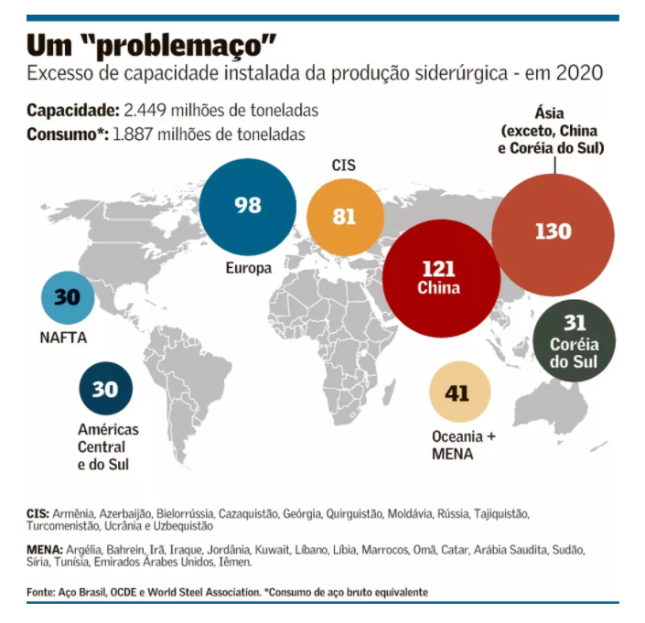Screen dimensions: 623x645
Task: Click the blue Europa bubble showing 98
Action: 248,205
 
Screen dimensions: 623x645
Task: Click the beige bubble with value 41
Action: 460,393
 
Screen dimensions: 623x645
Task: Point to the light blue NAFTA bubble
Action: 68,298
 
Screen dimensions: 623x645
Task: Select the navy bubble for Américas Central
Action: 105,389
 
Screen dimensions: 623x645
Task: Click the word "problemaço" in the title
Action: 173,45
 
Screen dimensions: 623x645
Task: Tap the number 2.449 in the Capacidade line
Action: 145,111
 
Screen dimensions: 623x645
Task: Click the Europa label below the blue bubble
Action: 248,268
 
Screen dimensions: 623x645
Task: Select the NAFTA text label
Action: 63,338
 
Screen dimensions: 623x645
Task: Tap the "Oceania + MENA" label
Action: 462,445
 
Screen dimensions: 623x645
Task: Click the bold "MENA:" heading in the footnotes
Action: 45,549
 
